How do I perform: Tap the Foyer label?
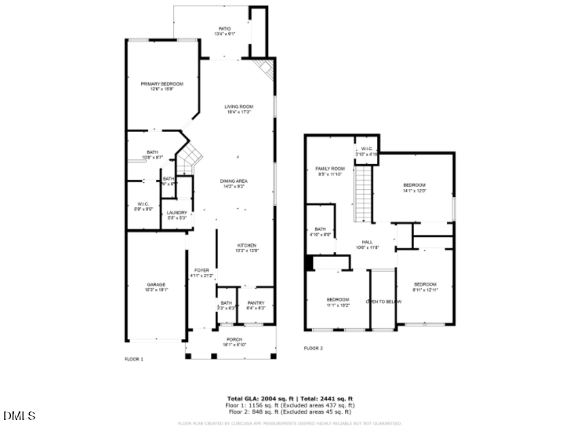point(202,272)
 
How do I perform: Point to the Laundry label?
point(176,215)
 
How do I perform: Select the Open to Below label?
point(383,302)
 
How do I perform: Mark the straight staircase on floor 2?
point(364,197)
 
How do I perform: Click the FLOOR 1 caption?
point(134,359)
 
